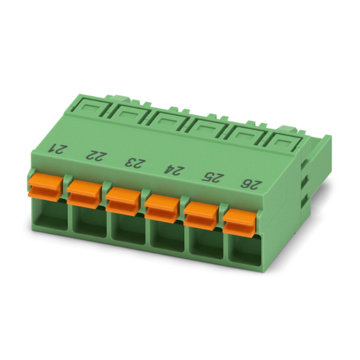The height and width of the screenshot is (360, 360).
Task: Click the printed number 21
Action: click(56, 149)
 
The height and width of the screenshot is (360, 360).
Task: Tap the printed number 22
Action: click(94, 156)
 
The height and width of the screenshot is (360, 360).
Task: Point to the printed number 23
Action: click(133, 163)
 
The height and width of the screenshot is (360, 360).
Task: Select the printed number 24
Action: click(171, 170)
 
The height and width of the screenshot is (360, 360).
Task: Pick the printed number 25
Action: click(211, 177)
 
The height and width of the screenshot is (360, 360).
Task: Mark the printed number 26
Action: click(251, 185)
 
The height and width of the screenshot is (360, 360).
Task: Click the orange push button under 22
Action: click(84, 194)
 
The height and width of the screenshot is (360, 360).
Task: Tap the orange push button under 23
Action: click(123, 202)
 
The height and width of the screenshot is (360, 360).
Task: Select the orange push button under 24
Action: click(162, 209)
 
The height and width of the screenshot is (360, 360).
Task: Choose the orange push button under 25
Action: click(201, 216)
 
